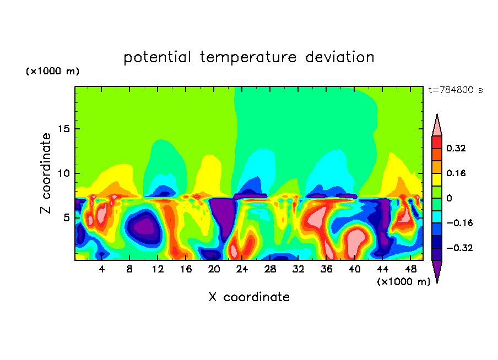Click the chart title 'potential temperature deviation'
click(248, 57)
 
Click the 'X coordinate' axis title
click(248, 297)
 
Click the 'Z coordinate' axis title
click(46, 173)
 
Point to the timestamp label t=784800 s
click(455, 90)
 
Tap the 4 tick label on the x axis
click(102, 269)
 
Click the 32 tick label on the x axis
click(299, 269)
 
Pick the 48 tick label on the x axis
click(410, 269)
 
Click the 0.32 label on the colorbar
click(456, 148)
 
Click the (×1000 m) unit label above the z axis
click(53, 72)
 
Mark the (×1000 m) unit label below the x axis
click(403, 282)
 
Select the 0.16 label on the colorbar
click(456, 173)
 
